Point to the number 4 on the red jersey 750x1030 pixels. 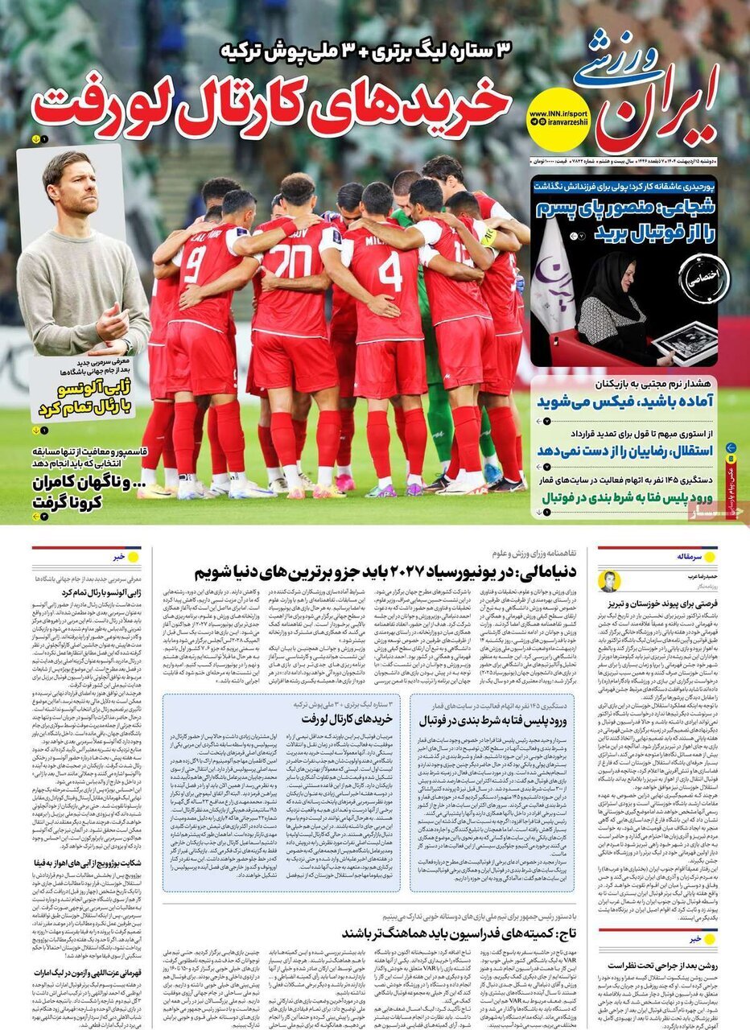click(x=390, y=271)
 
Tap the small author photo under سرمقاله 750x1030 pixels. click(x=610, y=580)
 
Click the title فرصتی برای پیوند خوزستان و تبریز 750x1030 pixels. click(x=658, y=604)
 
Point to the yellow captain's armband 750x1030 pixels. click(x=488, y=237)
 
